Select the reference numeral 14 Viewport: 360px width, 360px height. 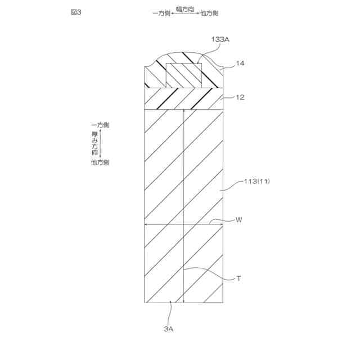(x=240, y=64)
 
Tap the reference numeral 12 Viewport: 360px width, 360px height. (x=240, y=97)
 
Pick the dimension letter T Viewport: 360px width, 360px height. (x=238, y=278)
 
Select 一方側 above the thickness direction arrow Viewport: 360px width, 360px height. (x=100, y=125)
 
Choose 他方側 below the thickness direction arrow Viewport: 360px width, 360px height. (x=100, y=163)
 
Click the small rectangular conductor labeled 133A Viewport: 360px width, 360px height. (x=183, y=74)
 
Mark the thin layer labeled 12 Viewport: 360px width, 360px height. (x=184, y=98)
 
